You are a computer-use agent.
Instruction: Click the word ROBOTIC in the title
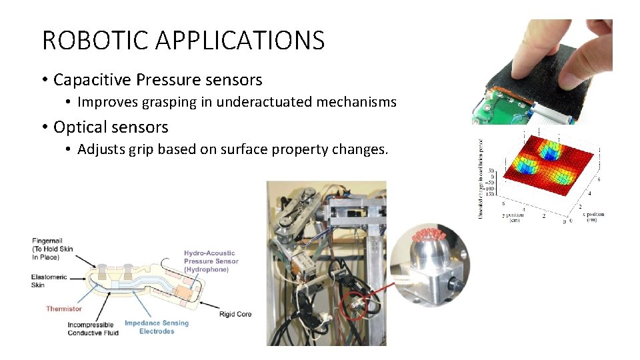click(x=92, y=41)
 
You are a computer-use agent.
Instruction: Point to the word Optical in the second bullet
click(x=77, y=127)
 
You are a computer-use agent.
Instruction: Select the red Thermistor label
click(x=64, y=309)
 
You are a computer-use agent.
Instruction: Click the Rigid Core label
click(x=235, y=314)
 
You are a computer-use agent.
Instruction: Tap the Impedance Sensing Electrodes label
click(x=157, y=327)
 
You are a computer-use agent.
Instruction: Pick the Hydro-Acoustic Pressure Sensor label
click(x=211, y=261)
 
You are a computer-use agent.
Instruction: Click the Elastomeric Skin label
click(x=49, y=281)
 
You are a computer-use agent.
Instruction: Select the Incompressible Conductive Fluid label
click(x=93, y=329)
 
